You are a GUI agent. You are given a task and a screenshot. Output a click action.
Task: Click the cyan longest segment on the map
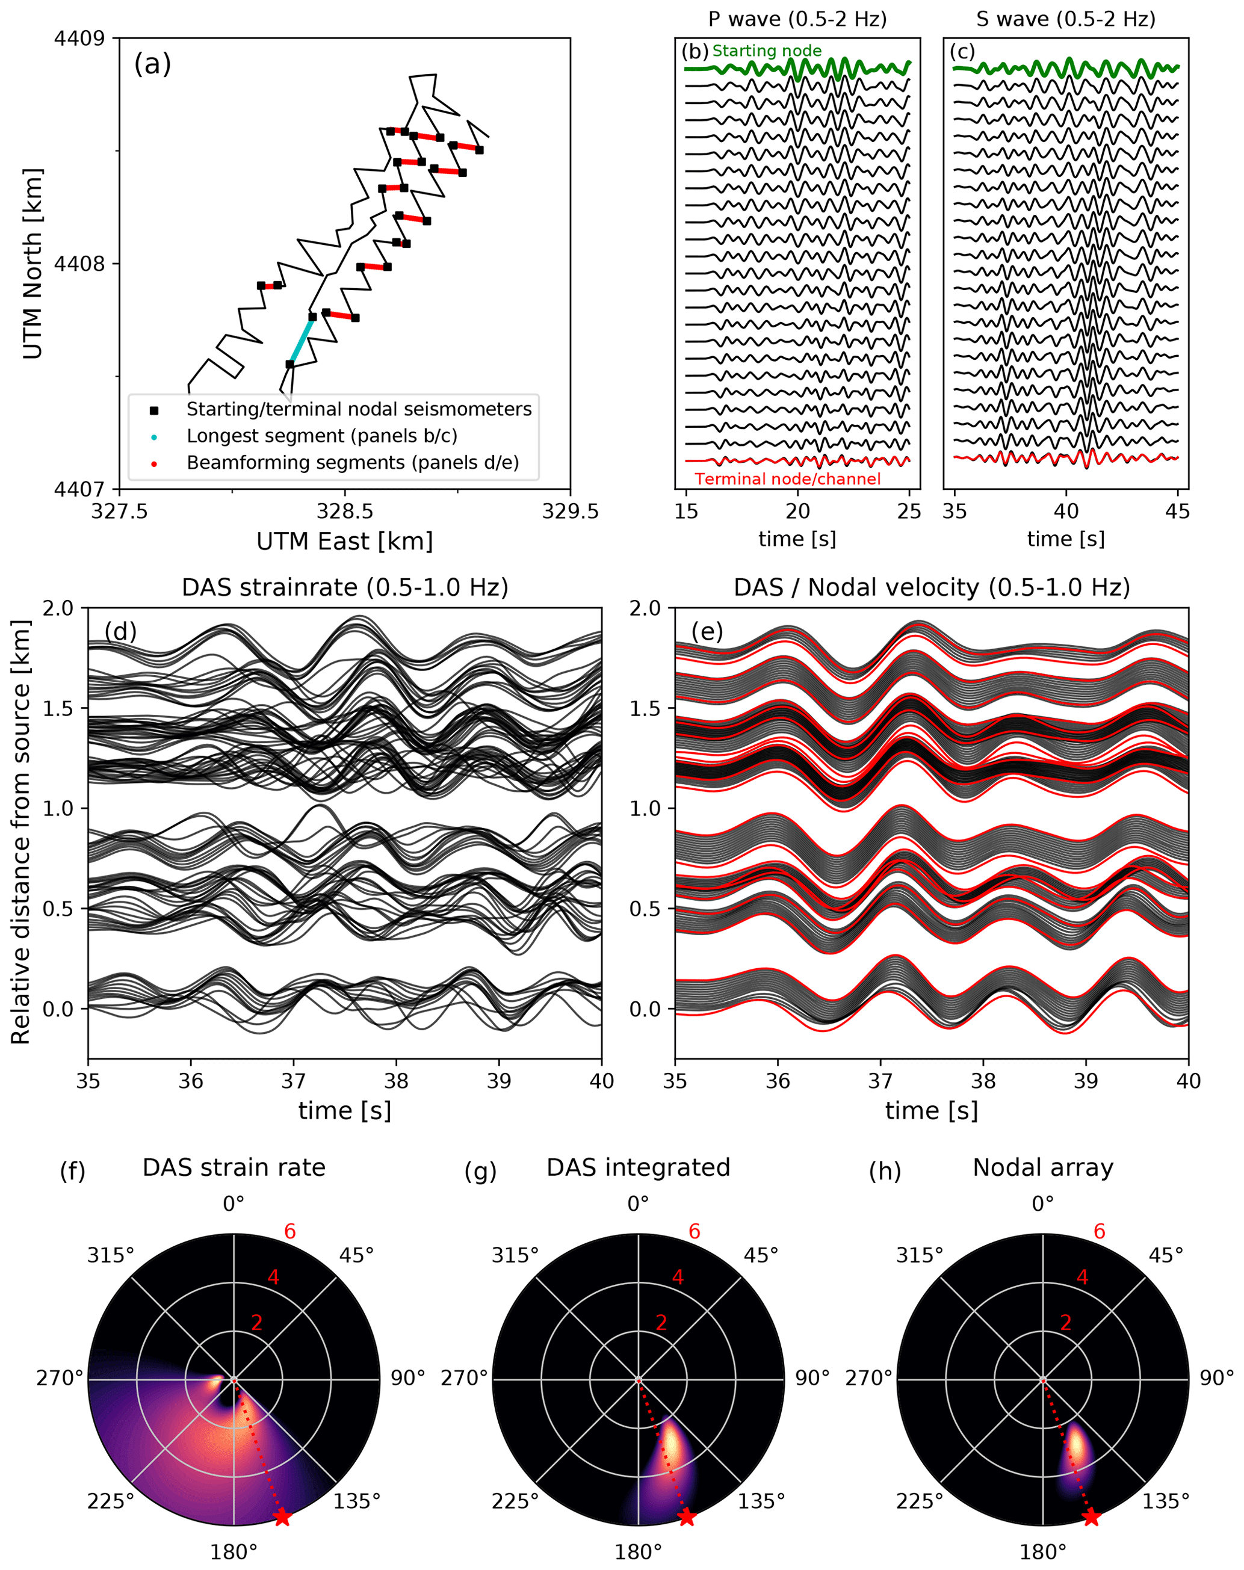[x=301, y=340]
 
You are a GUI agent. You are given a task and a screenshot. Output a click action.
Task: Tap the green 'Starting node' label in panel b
[x=766, y=51]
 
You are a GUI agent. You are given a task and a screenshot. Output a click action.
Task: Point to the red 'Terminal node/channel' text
[x=787, y=478]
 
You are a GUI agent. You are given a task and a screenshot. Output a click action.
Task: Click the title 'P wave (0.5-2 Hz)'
[x=797, y=19]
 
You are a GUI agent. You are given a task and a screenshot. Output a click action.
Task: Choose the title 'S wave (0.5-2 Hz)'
[x=1066, y=19]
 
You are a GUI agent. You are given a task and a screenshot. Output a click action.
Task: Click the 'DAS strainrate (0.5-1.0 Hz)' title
[x=344, y=587]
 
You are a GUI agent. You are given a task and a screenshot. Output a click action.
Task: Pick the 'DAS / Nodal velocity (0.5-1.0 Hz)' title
[x=932, y=587]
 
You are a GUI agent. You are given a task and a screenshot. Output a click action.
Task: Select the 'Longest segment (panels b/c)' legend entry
[x=322, y=436]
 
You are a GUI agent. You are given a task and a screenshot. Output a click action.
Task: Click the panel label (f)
[x=72, y=1172]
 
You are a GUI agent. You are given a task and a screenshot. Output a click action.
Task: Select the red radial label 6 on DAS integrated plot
[x=694, y=1231]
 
